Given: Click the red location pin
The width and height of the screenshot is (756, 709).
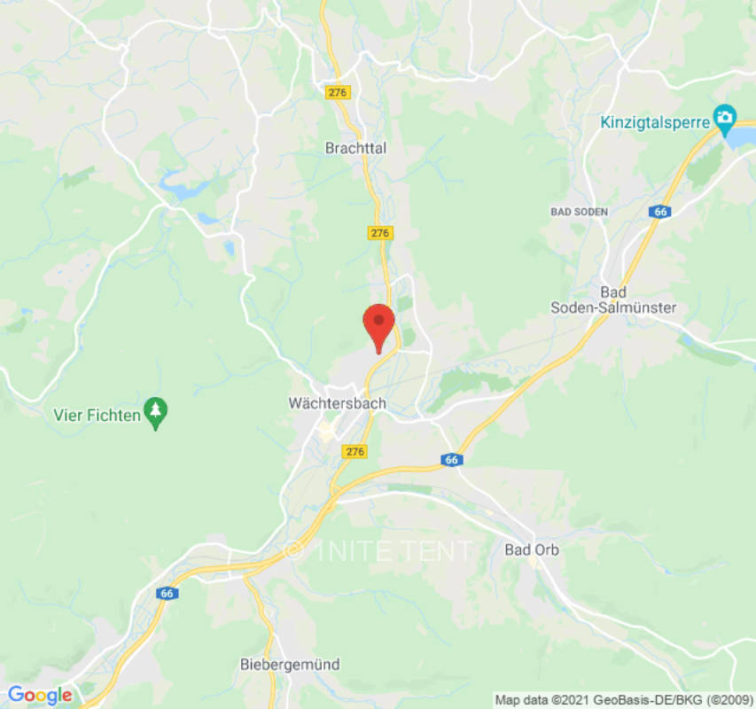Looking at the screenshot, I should (x=379, y=323).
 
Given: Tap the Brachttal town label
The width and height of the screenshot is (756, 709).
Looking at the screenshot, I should (x=356, y=148).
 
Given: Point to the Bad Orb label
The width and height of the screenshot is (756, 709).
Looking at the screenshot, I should (x=533, y=549).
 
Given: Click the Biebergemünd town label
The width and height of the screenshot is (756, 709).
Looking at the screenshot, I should (x=290, y=664).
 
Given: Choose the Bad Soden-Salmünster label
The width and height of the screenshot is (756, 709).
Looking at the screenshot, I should (x=613, y=300).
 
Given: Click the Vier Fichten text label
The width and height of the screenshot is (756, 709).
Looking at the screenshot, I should (x=97, y=414).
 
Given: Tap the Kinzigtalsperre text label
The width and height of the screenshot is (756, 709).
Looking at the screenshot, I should (x=655, y=122).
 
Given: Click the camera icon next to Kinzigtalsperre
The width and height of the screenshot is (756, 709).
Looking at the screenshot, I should (x=725, y=117).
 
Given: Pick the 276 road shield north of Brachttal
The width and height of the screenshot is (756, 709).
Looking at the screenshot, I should (x=339, y=92).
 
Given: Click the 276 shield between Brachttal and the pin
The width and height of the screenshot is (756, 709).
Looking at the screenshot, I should (x=380, y=232).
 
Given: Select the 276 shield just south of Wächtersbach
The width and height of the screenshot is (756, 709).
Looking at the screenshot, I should (x=355, y=452).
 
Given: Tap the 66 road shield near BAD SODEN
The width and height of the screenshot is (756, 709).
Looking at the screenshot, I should (x=659, y=212).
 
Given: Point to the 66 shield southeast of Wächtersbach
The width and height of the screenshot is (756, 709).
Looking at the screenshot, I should (x=452, y=460).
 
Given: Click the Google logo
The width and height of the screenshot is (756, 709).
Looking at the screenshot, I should (x=39, y=695).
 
